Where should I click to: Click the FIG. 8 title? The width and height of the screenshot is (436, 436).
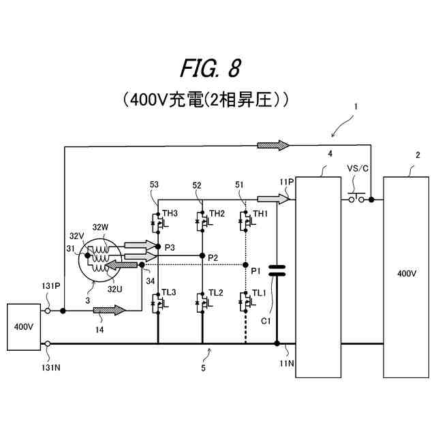211,68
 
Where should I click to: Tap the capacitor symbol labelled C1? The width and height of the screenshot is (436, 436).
277,270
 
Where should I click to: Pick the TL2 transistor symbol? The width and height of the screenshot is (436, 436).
204,302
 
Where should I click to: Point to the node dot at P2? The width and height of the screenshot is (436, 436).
202,255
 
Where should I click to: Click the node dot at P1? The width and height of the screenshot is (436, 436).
245,265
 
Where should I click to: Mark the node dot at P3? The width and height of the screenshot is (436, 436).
158,247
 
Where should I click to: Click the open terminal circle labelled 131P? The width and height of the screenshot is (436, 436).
48,311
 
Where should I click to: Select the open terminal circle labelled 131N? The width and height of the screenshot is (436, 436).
48,344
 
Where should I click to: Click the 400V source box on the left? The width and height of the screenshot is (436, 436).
24,327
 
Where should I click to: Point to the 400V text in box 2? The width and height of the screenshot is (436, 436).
407,274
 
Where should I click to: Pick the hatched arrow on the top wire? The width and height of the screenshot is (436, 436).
273,145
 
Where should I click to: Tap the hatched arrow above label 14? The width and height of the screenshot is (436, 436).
109,310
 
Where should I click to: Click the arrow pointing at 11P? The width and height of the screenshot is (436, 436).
273,199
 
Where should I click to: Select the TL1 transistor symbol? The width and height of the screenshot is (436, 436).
247,302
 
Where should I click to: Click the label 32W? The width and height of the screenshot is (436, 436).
100,227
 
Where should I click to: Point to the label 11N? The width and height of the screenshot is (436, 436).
287,363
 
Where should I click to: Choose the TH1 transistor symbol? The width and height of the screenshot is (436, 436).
247,221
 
